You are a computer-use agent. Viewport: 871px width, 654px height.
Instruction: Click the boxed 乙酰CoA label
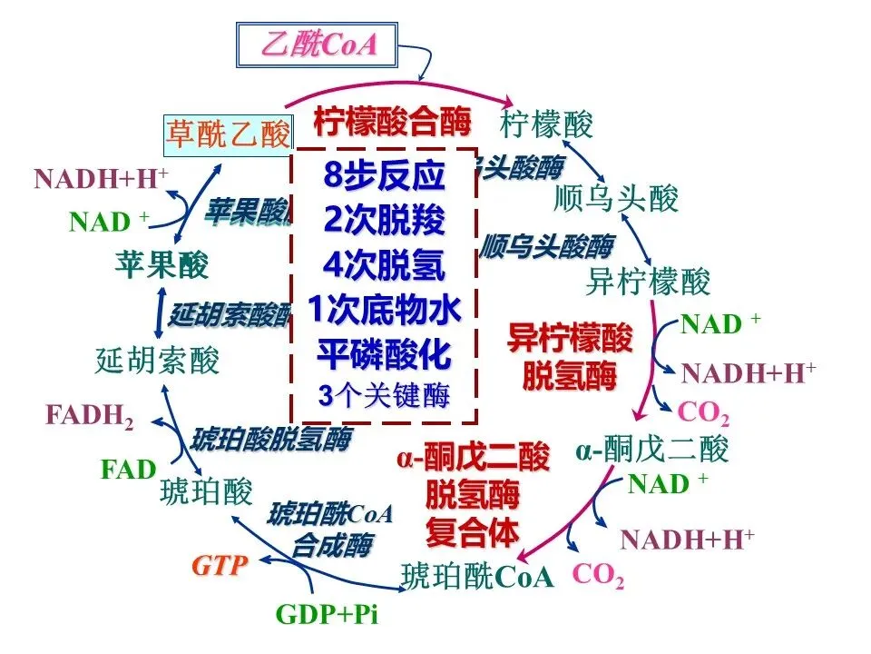[318, 44]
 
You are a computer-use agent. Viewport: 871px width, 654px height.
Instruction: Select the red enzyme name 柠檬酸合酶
[393, 121]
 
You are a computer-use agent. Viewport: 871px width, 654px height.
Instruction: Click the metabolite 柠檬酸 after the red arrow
[547, 123]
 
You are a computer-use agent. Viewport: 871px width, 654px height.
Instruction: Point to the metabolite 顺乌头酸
[616, 198]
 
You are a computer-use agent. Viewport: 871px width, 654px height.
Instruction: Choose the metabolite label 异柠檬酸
[648, 282]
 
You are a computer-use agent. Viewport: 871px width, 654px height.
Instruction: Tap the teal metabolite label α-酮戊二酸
[652, 449]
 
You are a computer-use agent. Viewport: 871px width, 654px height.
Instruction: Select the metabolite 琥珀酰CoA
[477, 577]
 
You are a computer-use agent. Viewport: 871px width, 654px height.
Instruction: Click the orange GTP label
[219, 566]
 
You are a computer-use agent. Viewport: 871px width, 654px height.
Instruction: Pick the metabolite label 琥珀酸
[206, 491]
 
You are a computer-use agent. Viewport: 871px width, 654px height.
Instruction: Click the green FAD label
[128, 470]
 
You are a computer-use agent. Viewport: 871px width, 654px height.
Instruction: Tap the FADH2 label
[90, 416]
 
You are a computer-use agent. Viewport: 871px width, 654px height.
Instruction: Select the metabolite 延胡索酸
[157, 362]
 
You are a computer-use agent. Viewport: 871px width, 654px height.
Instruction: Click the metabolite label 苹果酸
[161, 265]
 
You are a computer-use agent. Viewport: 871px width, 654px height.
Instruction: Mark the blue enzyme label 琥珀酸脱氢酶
[270, 440]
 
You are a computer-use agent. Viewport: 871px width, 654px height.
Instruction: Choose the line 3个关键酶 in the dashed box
[384, 396]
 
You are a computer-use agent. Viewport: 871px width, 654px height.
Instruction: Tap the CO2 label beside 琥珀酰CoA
[598, 575]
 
